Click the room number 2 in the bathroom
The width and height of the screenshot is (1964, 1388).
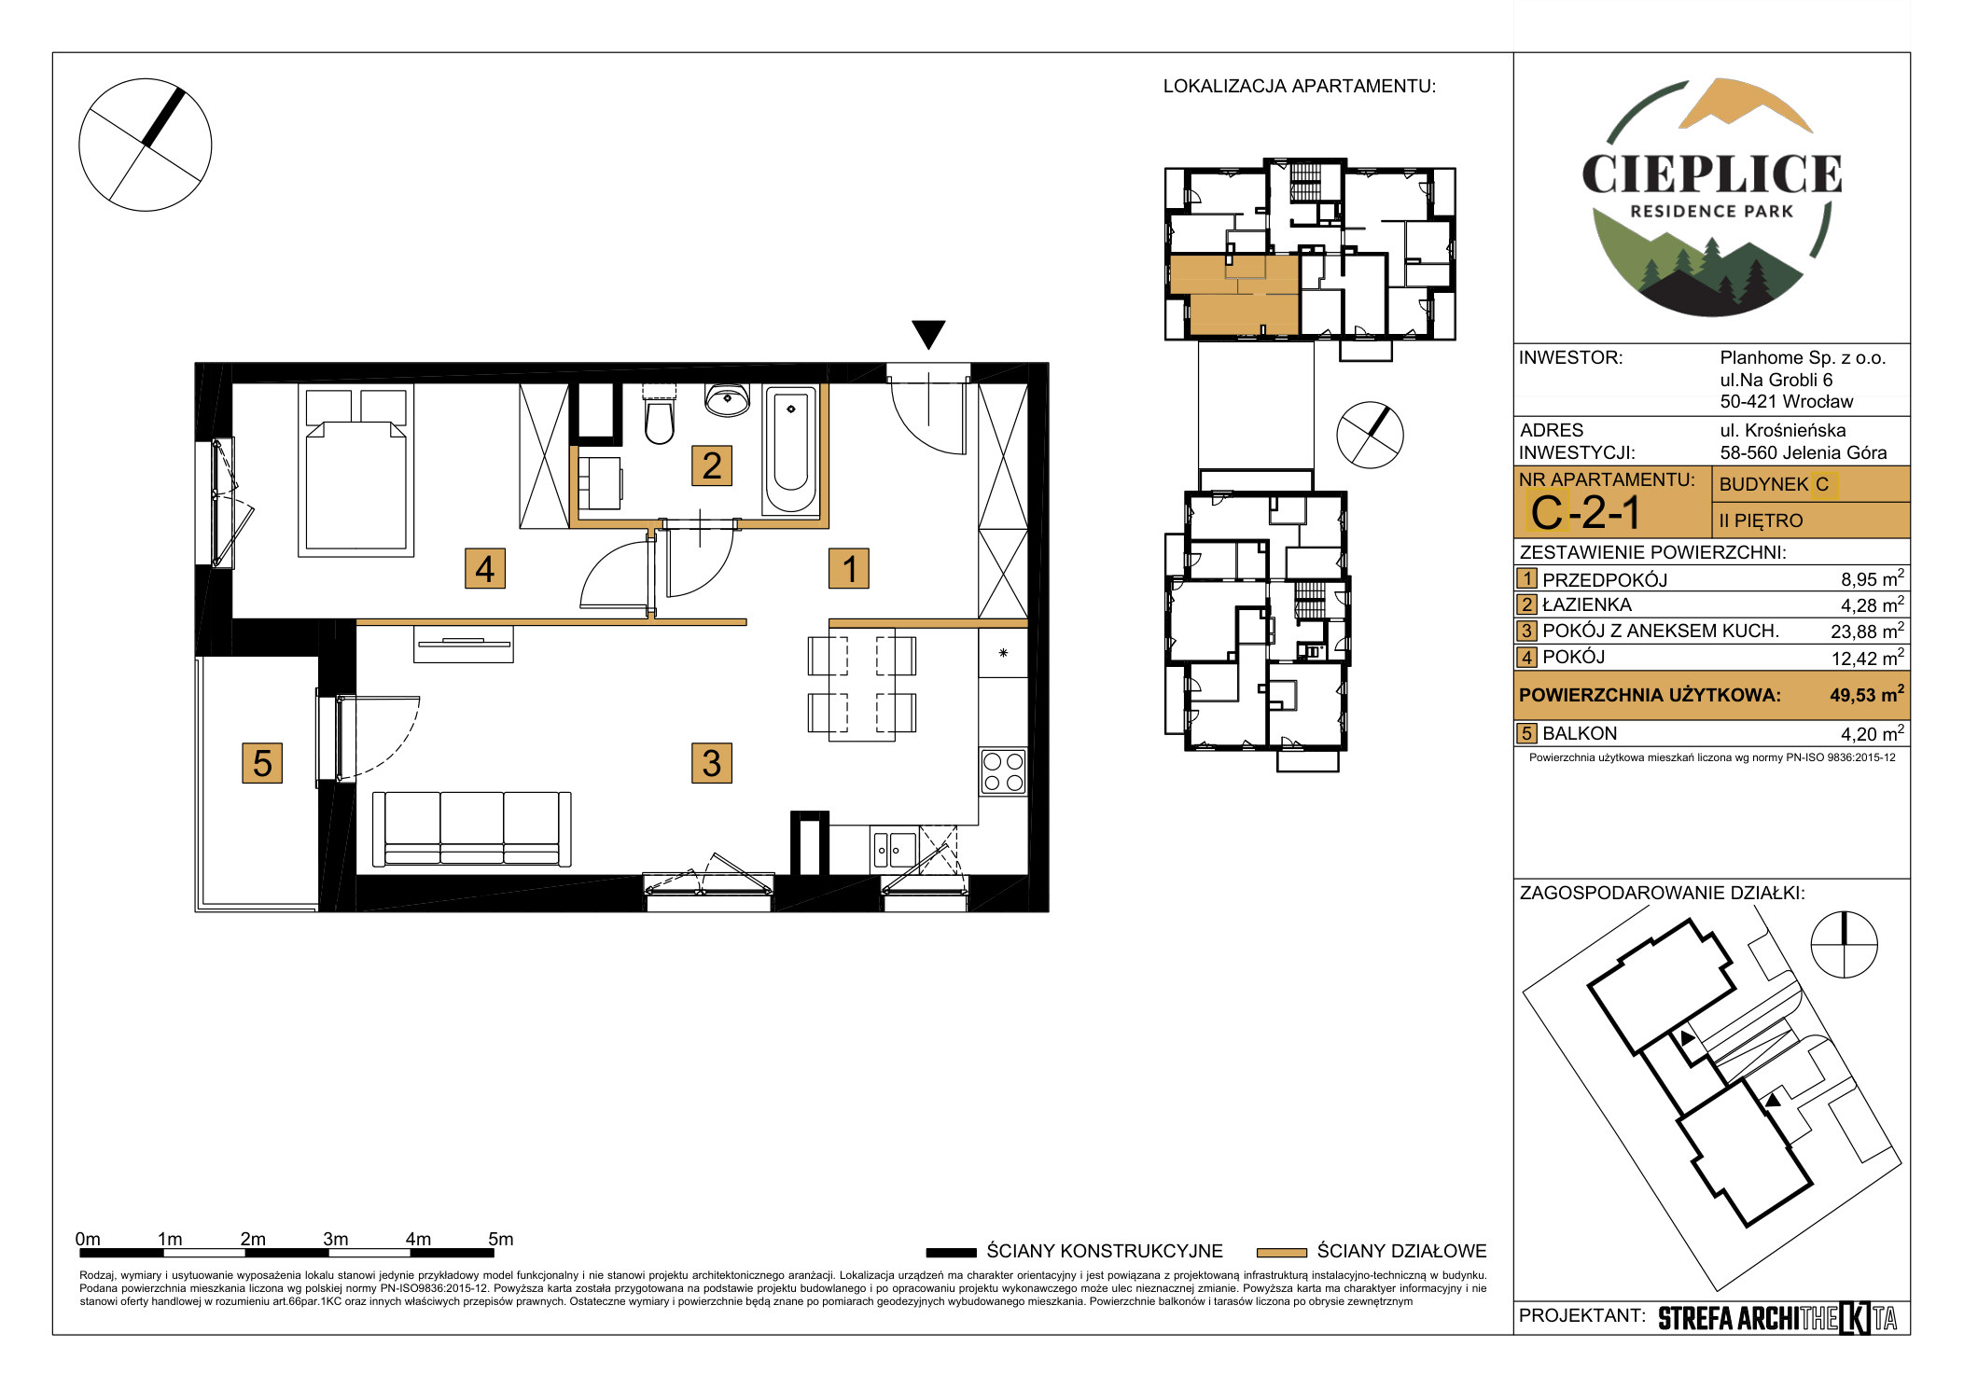click(711, 465)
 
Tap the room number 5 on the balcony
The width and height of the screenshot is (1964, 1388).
click(262, 762)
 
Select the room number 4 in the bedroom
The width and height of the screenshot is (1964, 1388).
click(485, 568)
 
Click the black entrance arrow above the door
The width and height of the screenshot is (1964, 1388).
click(928, 334)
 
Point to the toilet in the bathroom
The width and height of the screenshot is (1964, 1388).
click(659, 415)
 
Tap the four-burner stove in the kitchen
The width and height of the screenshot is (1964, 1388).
click(1003, 771)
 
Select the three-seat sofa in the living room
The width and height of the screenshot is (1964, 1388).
click(471, 829)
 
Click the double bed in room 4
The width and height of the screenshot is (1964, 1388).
click(355, 471)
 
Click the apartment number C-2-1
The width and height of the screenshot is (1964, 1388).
click(1585, 512)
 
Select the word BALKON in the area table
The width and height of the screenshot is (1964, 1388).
click(1580, 734)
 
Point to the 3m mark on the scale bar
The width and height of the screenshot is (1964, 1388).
click(336, 1240)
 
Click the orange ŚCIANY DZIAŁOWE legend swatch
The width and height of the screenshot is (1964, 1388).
click(1281, 1253)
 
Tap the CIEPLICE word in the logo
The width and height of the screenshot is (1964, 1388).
click(1711, 174)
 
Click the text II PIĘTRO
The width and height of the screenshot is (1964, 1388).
click(1762, 520)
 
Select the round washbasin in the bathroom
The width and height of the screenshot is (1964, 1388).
click(727, 399)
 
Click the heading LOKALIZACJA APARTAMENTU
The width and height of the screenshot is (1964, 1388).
click(1300, 87)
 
